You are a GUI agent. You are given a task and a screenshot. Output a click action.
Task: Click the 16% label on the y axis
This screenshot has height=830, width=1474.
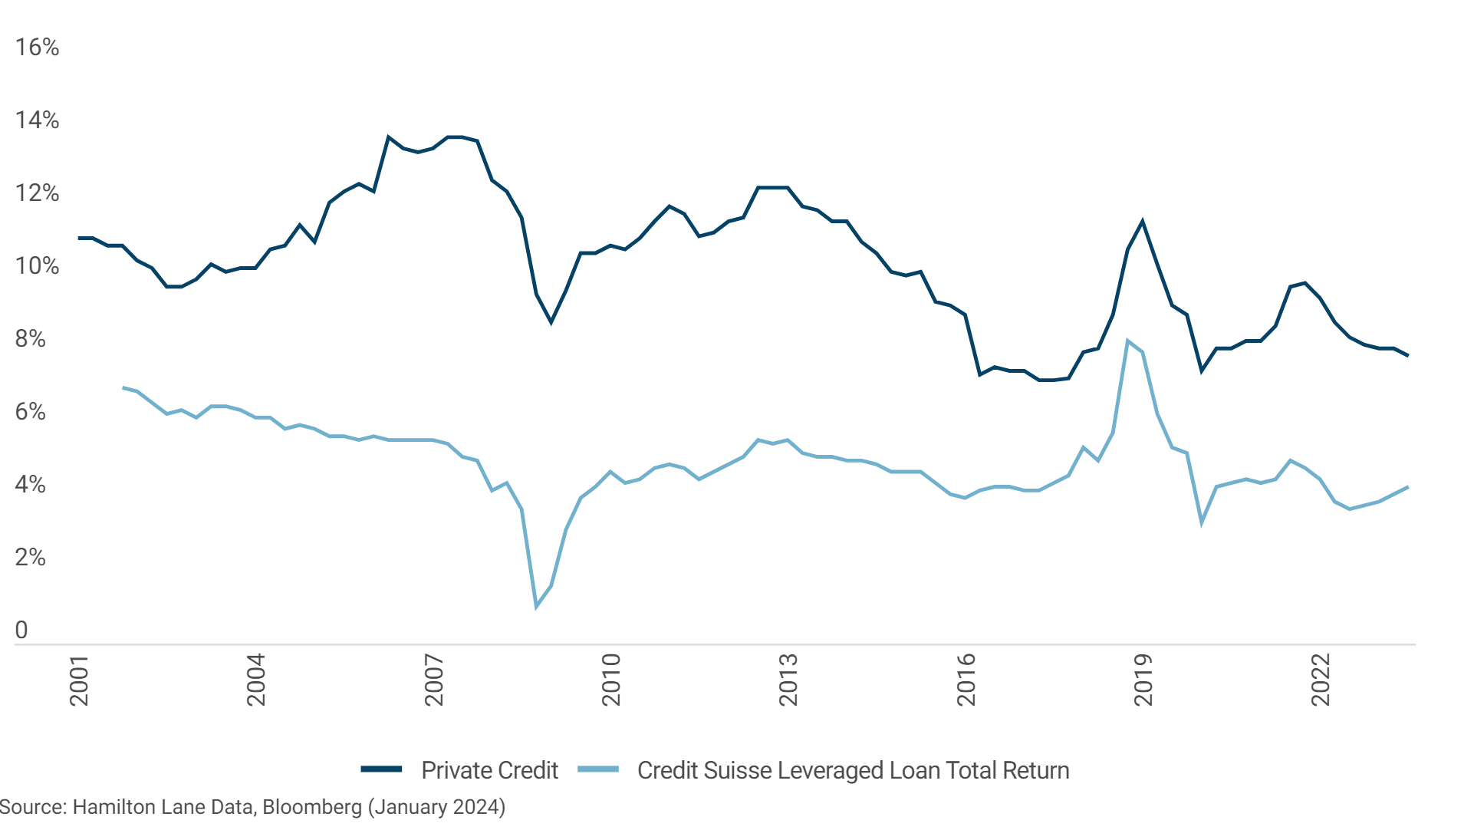pyautogui.click(x=37, y=48)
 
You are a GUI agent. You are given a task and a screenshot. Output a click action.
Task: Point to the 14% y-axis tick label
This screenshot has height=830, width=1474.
pyautogui.click(x=37, y=120)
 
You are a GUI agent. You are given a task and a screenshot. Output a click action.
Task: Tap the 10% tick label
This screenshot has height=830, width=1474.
pyautogui.click(x=37, y=266)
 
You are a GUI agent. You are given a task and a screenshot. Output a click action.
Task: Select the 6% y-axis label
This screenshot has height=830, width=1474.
pyautogui.click(x=31, y=412)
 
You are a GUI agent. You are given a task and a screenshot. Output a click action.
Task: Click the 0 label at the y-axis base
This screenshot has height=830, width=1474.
pyautogui.click(x=21, y=631)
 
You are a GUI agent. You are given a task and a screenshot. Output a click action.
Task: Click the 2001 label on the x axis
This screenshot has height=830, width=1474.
pyautogui.click(x=79, y=680)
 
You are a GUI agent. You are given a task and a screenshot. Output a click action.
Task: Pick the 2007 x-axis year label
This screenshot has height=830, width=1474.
pyautogui.click(x=434, y=680)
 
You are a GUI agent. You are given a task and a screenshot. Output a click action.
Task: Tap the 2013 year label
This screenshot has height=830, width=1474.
pyautogui.click(x=788, y=680)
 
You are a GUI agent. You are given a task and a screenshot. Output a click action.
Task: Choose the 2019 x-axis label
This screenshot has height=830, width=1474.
pyautogui.click(x=1143, y=680)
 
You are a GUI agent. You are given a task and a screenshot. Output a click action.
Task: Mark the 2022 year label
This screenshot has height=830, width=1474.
pyautogui.click(x=1321, y=680)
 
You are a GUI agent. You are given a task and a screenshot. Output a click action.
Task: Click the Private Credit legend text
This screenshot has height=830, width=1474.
pyautogui.click(x=489, y=770)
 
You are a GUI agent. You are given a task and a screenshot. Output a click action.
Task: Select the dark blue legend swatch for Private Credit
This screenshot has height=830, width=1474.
pyautogui.click(x=382, y=769)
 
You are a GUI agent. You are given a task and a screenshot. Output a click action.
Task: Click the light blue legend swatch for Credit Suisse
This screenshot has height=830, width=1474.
pyautogui.click(x=598, y=769)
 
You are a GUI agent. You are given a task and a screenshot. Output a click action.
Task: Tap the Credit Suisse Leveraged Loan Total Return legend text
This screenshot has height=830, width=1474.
pyautogui.click(x=853, y=770)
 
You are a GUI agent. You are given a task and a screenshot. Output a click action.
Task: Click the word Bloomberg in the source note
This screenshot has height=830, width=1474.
pyautogui.click(x=312, y=808)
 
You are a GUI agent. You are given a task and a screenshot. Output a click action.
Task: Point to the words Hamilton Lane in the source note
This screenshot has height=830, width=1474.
pyautogui.click(x=140, y=808)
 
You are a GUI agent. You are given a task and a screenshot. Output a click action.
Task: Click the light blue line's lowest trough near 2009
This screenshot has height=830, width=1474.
pyautogui.click(x=537, y=607)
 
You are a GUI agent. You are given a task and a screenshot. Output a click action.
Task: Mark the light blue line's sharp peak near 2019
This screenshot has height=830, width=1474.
pyautogui.click(x=1127, y=341)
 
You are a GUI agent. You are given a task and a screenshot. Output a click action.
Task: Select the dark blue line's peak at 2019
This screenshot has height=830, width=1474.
pyautogui.click(x=1143, y=222)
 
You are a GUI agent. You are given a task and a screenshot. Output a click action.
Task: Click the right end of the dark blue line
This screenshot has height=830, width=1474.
pyautogui.click(x=1407, y=355)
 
